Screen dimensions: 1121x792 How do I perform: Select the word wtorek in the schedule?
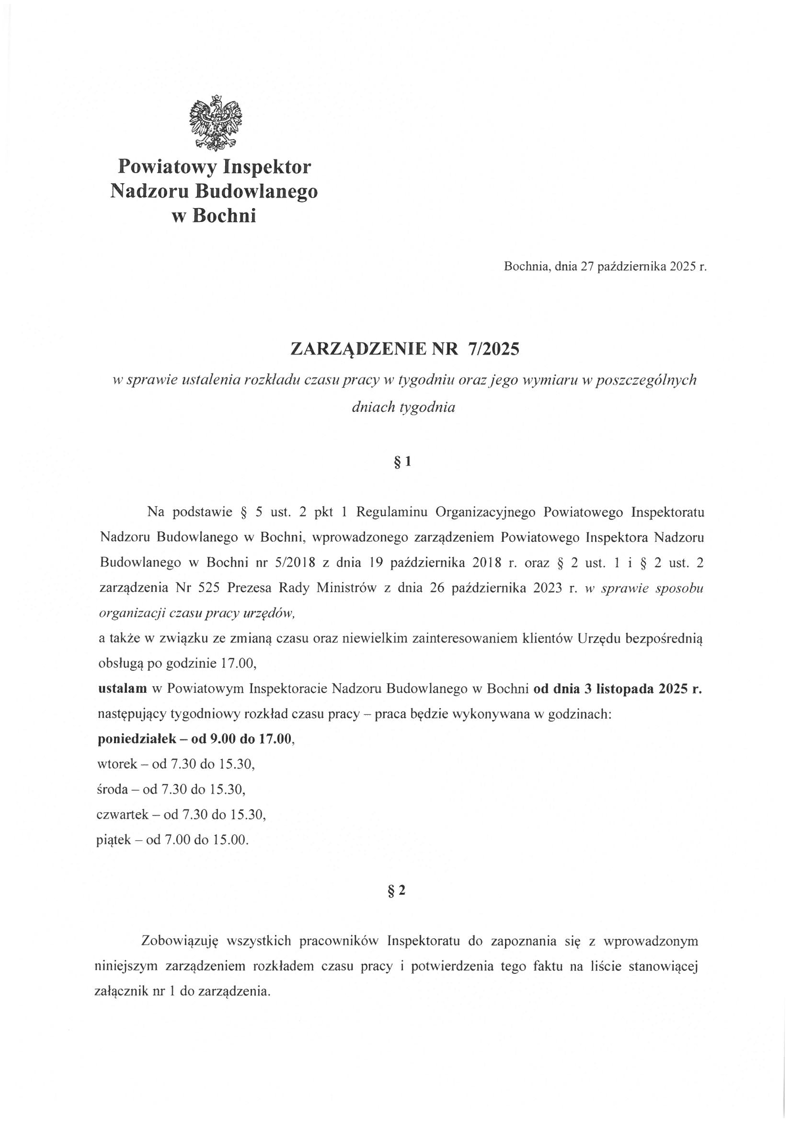tap(117, 765)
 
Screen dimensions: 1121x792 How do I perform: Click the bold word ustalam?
tap(123, 689)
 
